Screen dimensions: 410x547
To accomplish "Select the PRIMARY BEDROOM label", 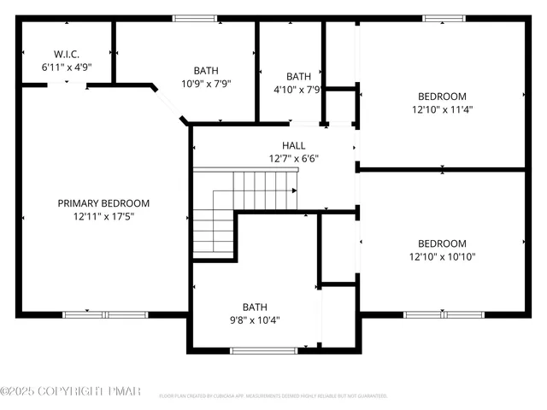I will pyautogui.click(x=103, y=203).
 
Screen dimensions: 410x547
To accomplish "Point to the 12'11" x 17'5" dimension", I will pyautogui.click(x=103, y=216).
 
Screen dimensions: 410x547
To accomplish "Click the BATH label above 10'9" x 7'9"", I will pyautogui.click(x=205, y=70).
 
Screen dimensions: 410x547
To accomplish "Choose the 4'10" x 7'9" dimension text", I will pyautogui.click(x=297, y=89).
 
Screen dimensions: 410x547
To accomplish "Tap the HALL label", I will pyautogui.click(x=293, y=145).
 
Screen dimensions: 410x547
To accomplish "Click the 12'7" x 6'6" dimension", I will pyautogui.click(x=293, y=158).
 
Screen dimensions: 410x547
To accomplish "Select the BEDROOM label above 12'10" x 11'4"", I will pyautogui.click(x=442, y=96).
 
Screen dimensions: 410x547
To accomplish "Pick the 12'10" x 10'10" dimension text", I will pyautogui.click(x=442, y=256).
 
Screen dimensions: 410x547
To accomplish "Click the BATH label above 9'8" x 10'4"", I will pyautogui.click(x=254, y=307).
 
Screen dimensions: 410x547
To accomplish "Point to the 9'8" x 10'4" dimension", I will pyautogui.click(x=254, y=320).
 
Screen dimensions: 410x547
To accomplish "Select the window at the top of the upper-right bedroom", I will pyautogui.click(x=444, y=18).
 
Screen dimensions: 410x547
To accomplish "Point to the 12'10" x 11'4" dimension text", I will pyautogui.click(x=442, y=109).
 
